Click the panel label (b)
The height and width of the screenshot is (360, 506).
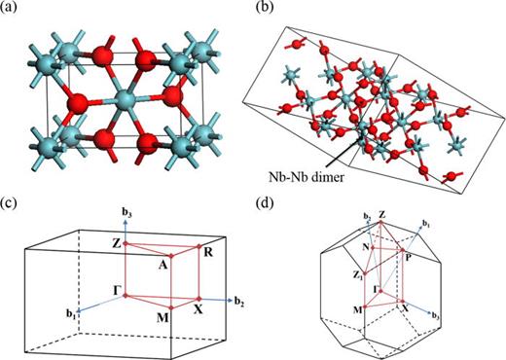pos(263,11)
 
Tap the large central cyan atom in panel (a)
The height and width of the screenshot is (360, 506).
pos(124,98)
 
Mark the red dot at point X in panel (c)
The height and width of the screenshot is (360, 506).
pos(199,298)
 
